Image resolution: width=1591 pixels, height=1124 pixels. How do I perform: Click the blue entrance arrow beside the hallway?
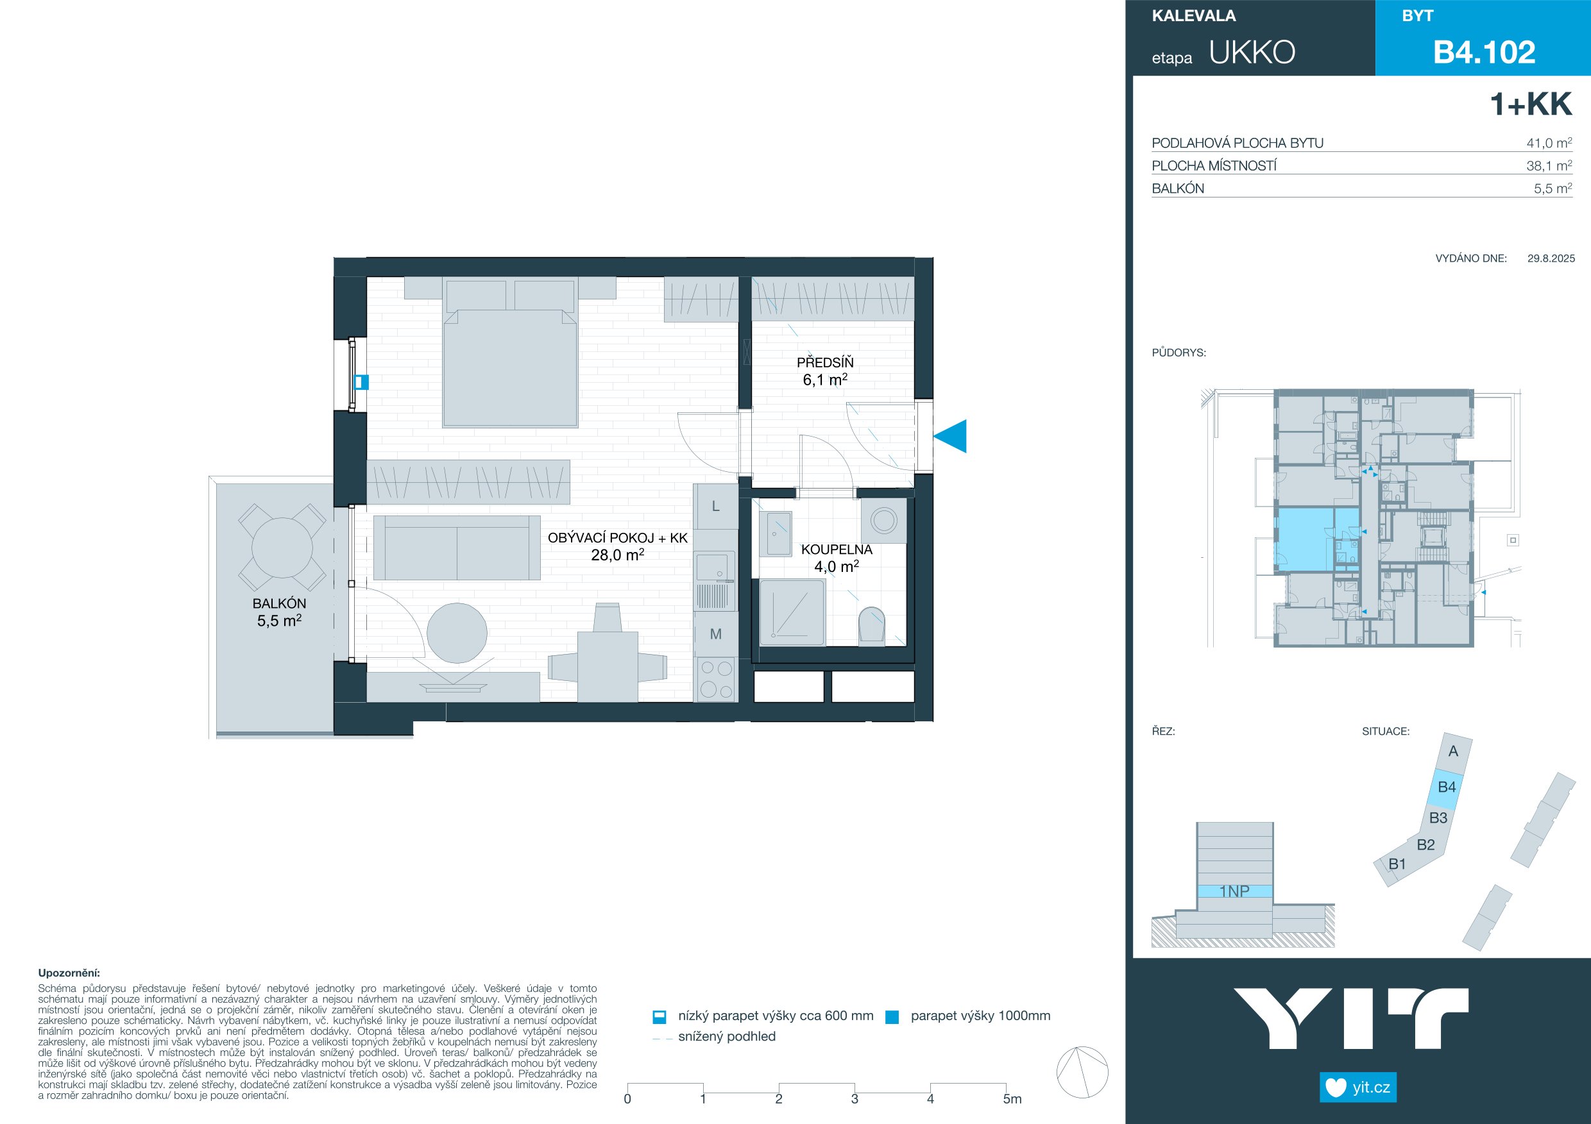pyautogui.click(x=950, y=436)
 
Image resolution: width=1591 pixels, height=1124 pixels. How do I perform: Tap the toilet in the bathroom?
pyautogui.click(x=872, y=625)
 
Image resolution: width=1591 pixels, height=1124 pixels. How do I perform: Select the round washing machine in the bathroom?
pyautogui.click(x=883, y=520)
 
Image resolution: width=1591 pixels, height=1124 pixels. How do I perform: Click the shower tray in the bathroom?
pyautogui.click(x=792, y=613)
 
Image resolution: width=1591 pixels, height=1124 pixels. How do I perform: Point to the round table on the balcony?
pyautogui.click(x=282, y=548)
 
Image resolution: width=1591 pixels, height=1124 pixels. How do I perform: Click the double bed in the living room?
pyautogui.click(x=510, y=353)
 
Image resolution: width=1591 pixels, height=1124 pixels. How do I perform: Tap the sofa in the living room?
pyautogui.click(x=457, y=547)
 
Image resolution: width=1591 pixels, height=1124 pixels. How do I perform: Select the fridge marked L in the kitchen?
pyautogui.click(x=716, y=507)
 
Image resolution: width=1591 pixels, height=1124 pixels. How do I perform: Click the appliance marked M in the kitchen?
pyautogui.click(x=716, y=633)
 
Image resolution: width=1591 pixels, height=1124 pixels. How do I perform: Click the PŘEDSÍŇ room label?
pyautogui.click(x=825, y=362)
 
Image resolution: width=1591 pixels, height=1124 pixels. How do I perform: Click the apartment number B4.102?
pyautogui.click(x=1485, y=53)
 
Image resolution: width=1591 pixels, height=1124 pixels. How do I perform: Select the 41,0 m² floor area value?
pyautogui.click(x=1549, y=143)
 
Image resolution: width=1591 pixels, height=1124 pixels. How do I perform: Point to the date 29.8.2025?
pyautogui.click(x=1551, y=258)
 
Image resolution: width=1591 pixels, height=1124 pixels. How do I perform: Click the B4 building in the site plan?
pyautogui.click(x=1446, y=787)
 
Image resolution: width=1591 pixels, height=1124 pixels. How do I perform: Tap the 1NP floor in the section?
pyautogui.click(x=1235, y=891)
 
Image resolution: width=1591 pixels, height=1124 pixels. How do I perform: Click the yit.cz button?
pyautogui.click(x=1358, y=1087)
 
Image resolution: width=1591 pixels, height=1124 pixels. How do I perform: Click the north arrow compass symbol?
pyautogui.click(x=1082, y=1072)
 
